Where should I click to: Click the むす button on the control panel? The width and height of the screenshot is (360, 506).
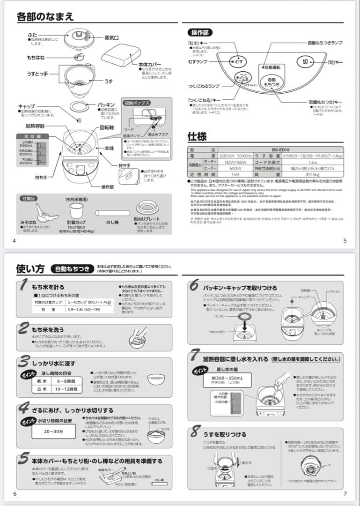click(x=238, y=62)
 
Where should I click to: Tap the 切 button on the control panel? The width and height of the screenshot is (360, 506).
click(x=305, y=61)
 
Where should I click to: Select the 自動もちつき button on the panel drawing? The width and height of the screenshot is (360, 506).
click(x=272, y=82)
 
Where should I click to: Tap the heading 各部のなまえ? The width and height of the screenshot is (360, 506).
click(x=45, y=17)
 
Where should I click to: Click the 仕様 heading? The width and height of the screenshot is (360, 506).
click(x=197, y=136)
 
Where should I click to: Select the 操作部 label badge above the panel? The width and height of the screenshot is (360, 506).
click(x=200, y=32)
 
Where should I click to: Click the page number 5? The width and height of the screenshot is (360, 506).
click(x=345, y=241)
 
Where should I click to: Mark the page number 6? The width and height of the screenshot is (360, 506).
click(x=15, y=493)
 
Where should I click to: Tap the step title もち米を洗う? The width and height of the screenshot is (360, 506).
click(x=48, y=330)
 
